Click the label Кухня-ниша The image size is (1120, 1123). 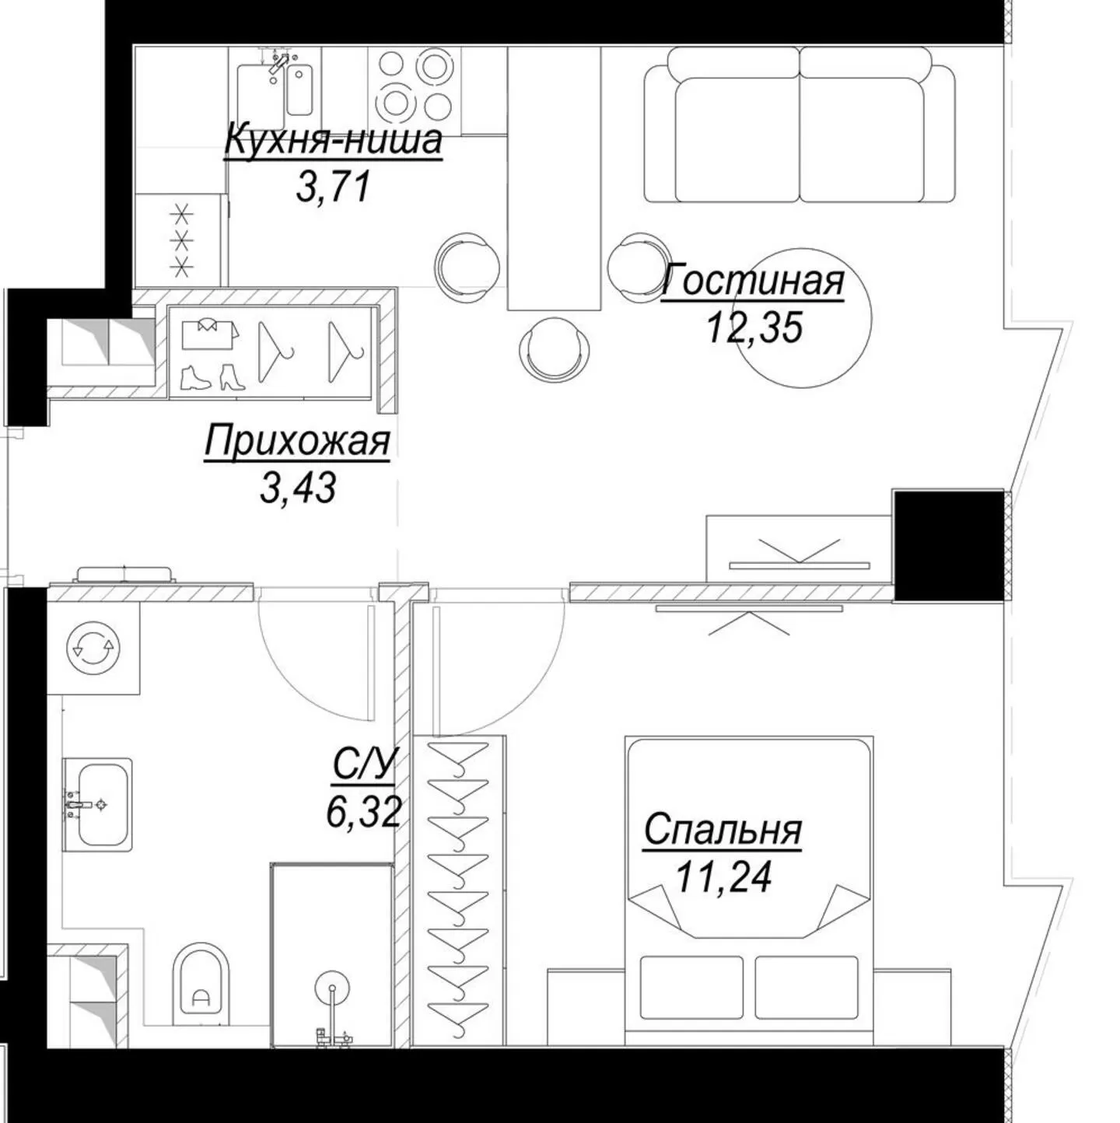tap(333, 139)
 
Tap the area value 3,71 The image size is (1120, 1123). tap(333, 187)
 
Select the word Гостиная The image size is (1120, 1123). tap(753, 280)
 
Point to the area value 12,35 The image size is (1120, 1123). tap(754, 328)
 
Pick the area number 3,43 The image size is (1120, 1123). tap(298, 488)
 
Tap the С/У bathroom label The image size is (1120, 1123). tap(364, 765)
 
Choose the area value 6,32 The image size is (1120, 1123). tap(364, 813)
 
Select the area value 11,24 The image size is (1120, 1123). tap(723, 877)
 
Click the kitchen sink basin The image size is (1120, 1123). tap(299, 89)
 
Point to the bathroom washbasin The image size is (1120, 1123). tap(97, 805)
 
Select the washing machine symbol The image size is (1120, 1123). tap(93, 648)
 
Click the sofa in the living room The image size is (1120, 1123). tap(800, 124)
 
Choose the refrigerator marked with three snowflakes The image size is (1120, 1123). tap(181, 240)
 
